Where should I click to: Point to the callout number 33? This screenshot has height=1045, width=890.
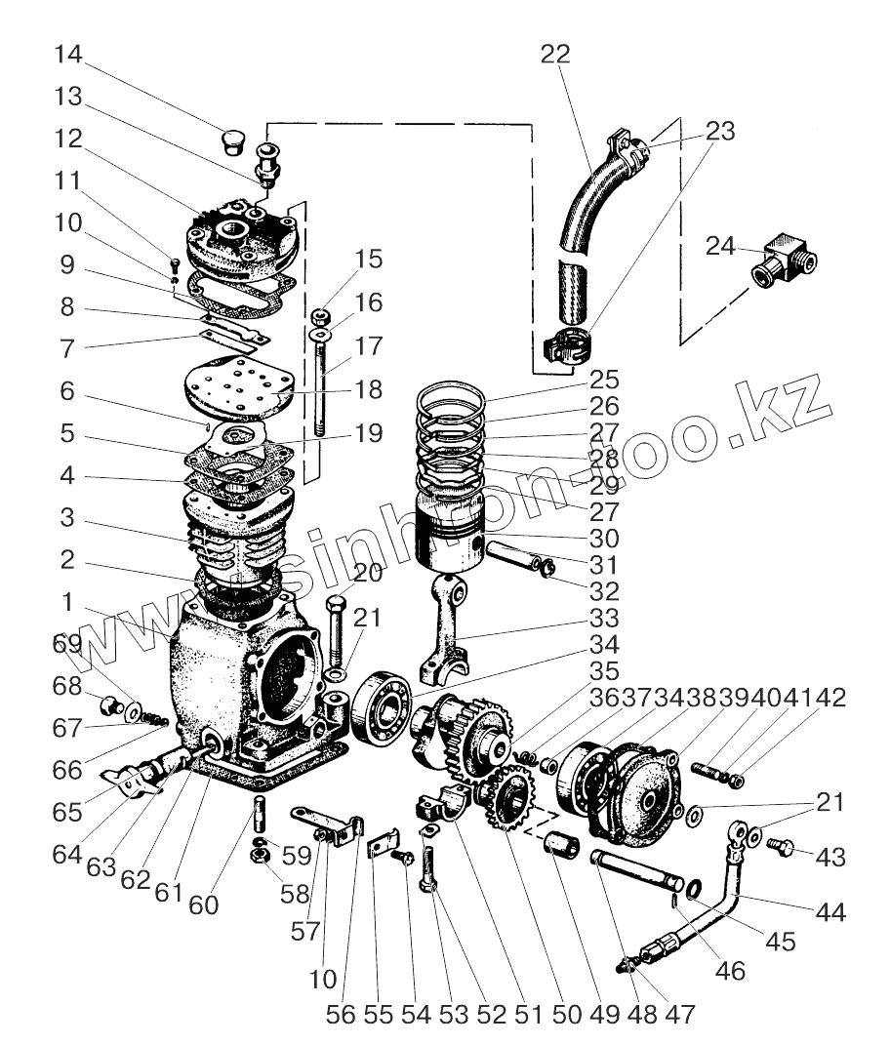pos(605,619)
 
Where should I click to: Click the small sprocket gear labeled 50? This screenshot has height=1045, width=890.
pos(509,800)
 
